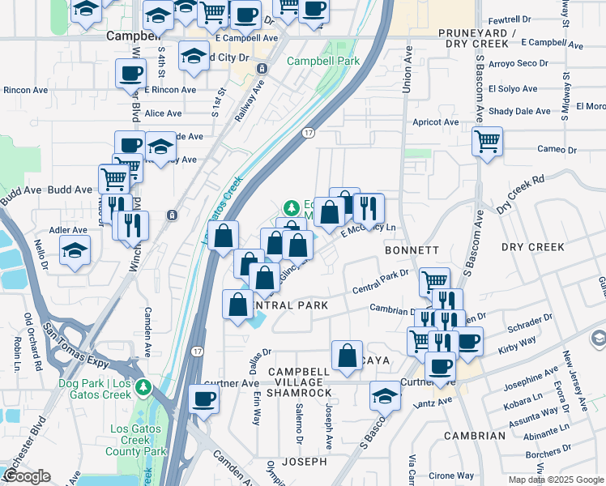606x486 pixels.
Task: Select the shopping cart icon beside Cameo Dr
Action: pyautogui.click(x=488, y=141)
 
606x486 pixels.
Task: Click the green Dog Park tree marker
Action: pyautogui.click(x=143, y=387)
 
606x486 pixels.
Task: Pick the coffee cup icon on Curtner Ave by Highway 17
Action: pyautogui.click(x=204, y=399)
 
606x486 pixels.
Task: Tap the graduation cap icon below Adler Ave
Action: pyautogui.click(x=75, y=251)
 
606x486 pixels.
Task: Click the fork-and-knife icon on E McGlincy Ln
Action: pyautogui.click(x=369, y=208)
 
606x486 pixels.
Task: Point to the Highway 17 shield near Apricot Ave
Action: pyautogui.click(x=308, y=132)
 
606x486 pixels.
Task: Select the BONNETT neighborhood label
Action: pyautogui.click(x=412, y=251)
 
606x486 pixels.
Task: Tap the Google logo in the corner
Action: pyautogui.click(x=27, y=476)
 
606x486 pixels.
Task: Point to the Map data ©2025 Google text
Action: pyautogui.click(x=556, y=480)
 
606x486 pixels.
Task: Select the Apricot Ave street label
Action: pyautogui.click(x=435, y=122)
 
